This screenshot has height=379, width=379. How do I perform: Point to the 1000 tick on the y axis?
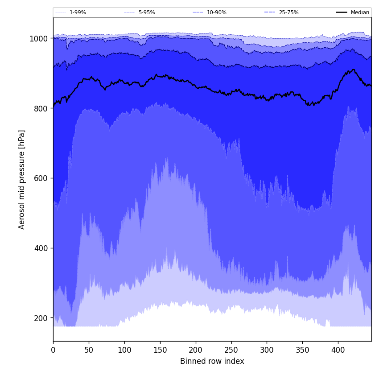coord(39,39)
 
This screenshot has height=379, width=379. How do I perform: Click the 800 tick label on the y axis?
coord(41,108)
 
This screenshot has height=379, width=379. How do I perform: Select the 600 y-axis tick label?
coord(41,178)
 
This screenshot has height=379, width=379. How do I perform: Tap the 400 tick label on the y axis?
coord(41,248)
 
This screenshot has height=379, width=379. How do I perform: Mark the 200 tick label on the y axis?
coord(41,318)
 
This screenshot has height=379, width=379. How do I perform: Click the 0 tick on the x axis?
coord(53,350)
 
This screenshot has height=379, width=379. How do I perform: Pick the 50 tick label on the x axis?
coord(89,350)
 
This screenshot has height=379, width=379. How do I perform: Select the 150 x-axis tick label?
coord(160,350)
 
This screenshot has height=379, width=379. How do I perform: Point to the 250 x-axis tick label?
coord(231,350)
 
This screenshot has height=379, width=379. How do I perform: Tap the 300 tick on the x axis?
coord(267,350)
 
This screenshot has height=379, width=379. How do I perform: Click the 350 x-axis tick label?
coord(302,350)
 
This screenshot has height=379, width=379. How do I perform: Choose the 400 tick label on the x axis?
coord(338,350)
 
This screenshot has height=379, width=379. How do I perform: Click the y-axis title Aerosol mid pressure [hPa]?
coord(22,179)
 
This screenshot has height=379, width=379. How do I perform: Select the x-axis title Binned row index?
coord(212,362)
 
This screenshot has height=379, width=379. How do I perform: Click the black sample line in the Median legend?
coord(342,12)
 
